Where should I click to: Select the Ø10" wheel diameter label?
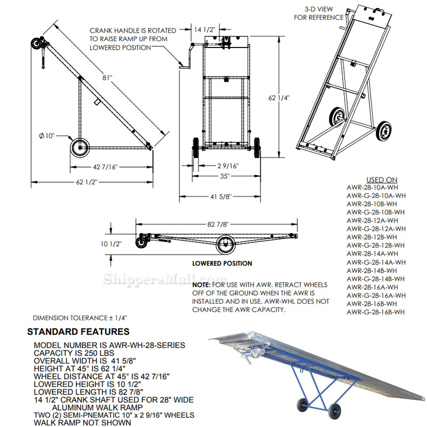[46, 136]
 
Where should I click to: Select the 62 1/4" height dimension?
[279, 98]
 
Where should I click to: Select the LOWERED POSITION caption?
[222, 263]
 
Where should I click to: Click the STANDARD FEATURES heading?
[78, 331]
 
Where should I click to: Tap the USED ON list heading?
[381, 180]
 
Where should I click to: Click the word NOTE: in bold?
[202, 286]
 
